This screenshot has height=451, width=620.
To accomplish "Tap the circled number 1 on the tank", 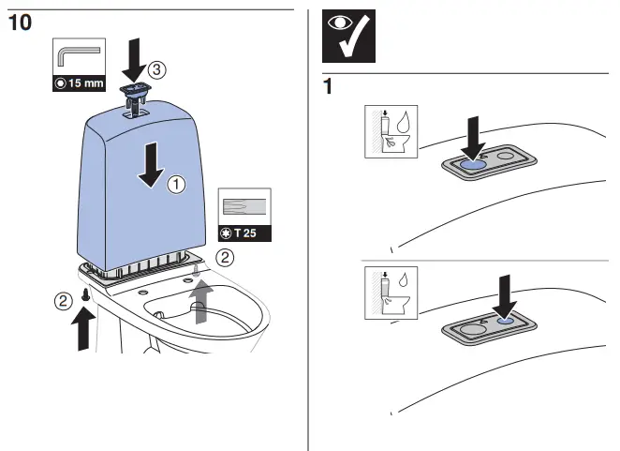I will (175, 186).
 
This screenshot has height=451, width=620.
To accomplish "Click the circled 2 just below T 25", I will (224, 255).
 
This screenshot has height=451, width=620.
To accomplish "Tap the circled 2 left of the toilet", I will (62, 300).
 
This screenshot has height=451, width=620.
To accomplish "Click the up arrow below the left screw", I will (83, 329).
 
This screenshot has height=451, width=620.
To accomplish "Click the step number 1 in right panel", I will (329, 86).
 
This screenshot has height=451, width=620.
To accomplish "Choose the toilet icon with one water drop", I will (392, 293).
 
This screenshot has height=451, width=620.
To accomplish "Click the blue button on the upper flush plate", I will (473, 162).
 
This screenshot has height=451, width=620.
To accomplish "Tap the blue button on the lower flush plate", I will (506, 318).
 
